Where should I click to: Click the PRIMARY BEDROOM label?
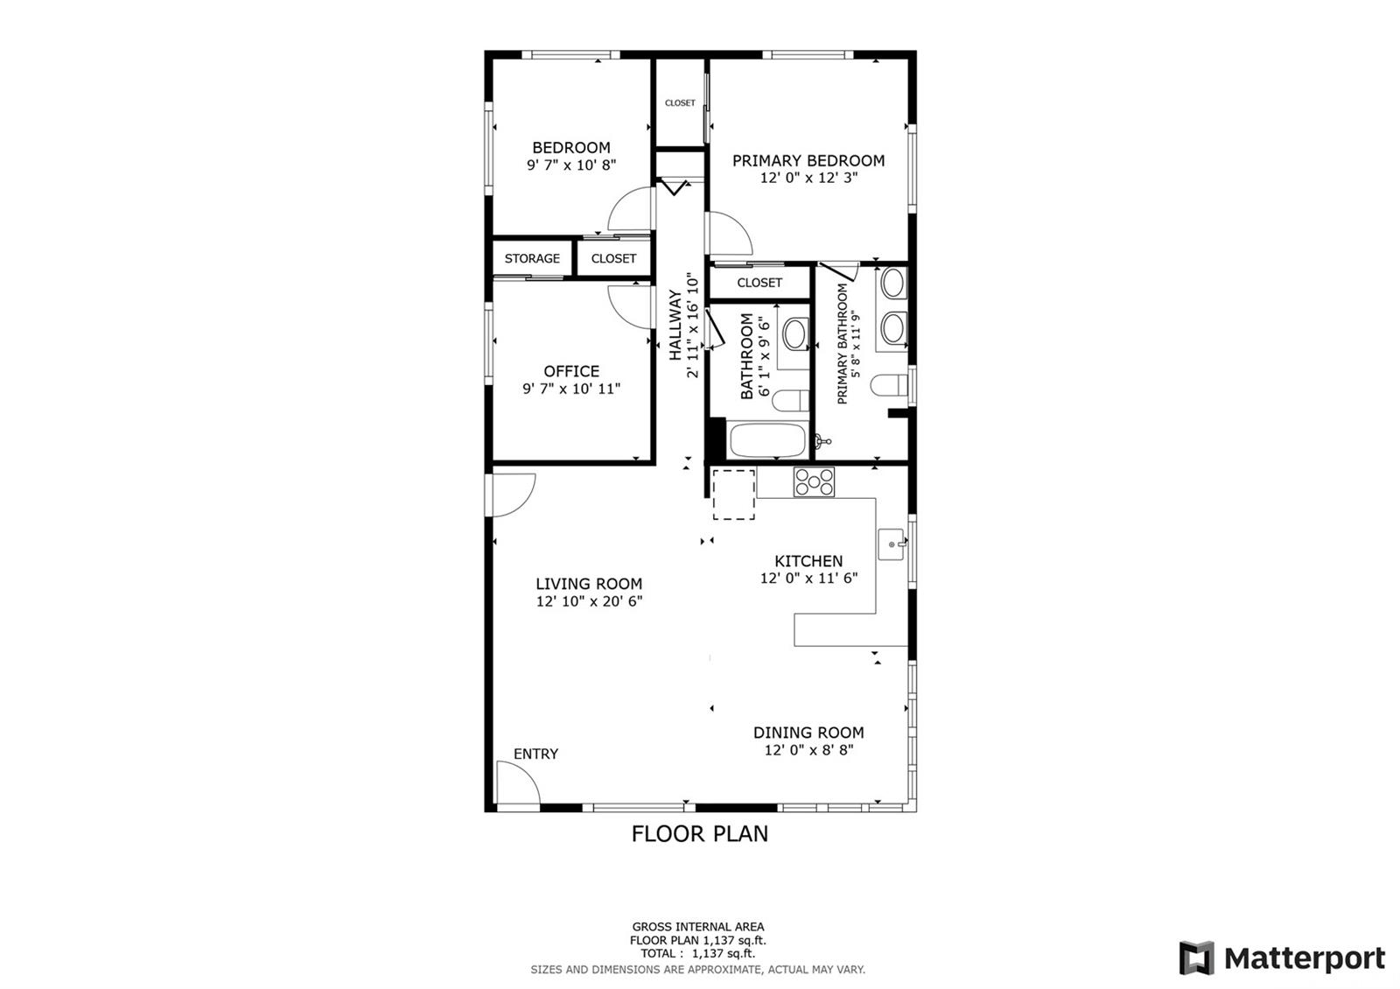[x=808, y=161]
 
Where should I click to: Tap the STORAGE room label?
[x=532, y=258]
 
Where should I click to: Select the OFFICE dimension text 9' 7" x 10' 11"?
[x=571, y=389]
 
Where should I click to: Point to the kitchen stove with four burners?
[x=814, y=482]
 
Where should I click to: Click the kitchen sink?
[x=892, y=544]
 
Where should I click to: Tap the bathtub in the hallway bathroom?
[x=767, y=440]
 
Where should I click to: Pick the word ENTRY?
[x=535, y=754]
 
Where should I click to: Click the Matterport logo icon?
[x=1196, y=957]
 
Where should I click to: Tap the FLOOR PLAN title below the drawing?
[x=699, y=834]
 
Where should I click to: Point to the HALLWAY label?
[x=675, y=325]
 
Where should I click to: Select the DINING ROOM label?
[x=808, y=733]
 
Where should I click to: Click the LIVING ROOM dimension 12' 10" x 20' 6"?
[x=589, y=601]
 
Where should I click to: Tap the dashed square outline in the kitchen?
[x=734, y=494]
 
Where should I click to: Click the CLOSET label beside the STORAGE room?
[x=613, y=258]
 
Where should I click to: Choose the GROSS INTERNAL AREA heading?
[x=698, y=927]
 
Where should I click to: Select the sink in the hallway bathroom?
[x=795, y=333]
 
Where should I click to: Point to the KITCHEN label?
[x=808, y=561]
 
